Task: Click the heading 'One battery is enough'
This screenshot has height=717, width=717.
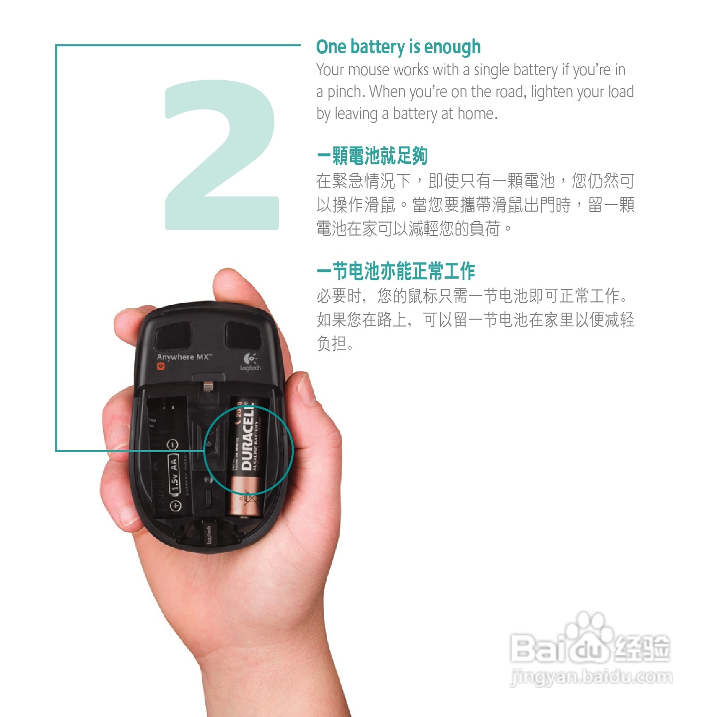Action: [x=398, y=47]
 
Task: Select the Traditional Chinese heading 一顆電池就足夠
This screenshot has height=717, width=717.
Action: [x=372, y=156]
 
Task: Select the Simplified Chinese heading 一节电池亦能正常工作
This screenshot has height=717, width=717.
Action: [x=396, y=271]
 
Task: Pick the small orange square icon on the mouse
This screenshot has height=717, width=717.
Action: [x=161, y=367]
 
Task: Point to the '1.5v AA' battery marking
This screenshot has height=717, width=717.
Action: [x=174, y=473]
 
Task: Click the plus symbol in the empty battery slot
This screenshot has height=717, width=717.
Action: [x=175, y=506]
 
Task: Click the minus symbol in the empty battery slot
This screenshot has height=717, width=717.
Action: [x=172, y=444]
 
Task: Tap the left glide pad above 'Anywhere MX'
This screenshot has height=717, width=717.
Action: [x=173, y=335]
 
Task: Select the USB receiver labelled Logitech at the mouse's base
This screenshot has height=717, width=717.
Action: [x=209, y=535]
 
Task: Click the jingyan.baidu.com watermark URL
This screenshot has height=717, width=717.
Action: [x=591, y=678]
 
